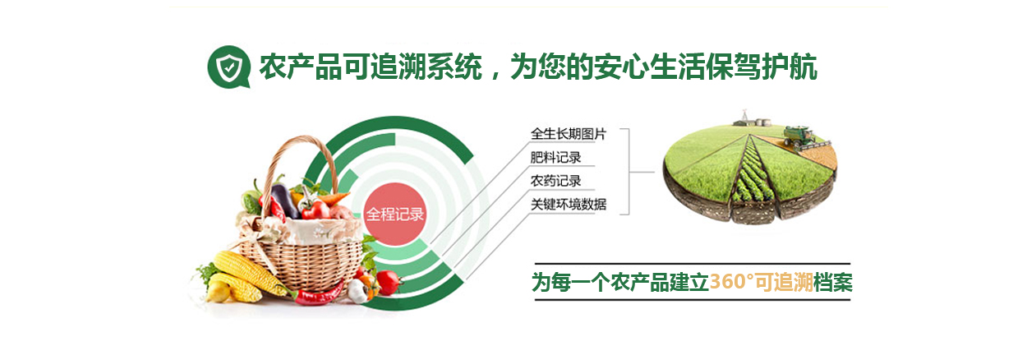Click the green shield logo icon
click(228, 67)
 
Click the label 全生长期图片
click(569, 134)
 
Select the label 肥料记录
click(555, 157)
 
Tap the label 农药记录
click(555, 181)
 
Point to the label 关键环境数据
click(569, 204)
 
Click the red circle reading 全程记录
click(394, 214)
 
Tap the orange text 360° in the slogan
click(732, 282)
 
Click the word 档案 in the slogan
click(833, 282)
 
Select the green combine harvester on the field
click(800, 137)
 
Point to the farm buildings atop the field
click(753, 120)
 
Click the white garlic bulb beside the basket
click(358, 290)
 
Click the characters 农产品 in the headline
click(301, 67)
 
